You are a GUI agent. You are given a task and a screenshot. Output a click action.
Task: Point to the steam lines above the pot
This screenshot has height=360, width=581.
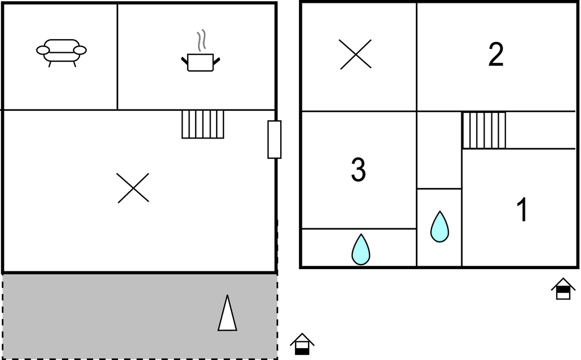click(x=201, y=40)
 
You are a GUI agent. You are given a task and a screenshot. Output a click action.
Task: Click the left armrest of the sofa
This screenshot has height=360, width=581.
click(x=43, y=50)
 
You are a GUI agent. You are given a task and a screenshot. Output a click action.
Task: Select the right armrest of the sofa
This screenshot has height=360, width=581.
click(x=80, y=50)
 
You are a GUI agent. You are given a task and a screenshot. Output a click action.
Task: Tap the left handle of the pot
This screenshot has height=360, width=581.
click(x=184, y=61)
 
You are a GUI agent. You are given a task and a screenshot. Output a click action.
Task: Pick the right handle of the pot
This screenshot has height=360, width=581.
click(x=217, y=61)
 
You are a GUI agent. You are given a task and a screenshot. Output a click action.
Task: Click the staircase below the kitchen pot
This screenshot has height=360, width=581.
click(x=203, y=124)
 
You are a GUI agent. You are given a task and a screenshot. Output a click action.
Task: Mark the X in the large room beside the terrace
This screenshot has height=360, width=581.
click(x=133, y=187)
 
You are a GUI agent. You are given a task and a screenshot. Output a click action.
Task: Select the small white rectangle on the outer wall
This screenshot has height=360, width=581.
click(x=274, y=140)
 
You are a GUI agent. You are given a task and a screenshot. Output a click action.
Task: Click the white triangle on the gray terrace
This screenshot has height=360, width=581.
click(x=227, y=313)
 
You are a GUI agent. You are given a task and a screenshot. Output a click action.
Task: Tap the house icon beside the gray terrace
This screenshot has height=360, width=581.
click(x=302, y=344)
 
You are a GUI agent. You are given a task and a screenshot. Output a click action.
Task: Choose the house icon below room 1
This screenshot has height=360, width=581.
click(x=563, y=288)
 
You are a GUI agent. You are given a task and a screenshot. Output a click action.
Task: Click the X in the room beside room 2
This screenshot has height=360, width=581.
click(x=355, y=54)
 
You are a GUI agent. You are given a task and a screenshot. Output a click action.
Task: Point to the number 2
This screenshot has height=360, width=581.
click(x=496, y=54)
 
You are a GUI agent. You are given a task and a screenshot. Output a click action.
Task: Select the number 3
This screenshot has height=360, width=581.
click(x=359, y=169)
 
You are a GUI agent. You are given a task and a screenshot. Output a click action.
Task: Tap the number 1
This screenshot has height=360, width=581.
click(x=522, y=210)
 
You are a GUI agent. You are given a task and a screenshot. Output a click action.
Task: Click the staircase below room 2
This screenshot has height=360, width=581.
click(x=483, y=131)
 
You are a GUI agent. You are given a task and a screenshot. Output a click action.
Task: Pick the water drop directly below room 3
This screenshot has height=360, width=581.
click(x=360, y=249)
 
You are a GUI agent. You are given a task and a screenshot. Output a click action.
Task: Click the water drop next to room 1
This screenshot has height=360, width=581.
click(x=440, y=227)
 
